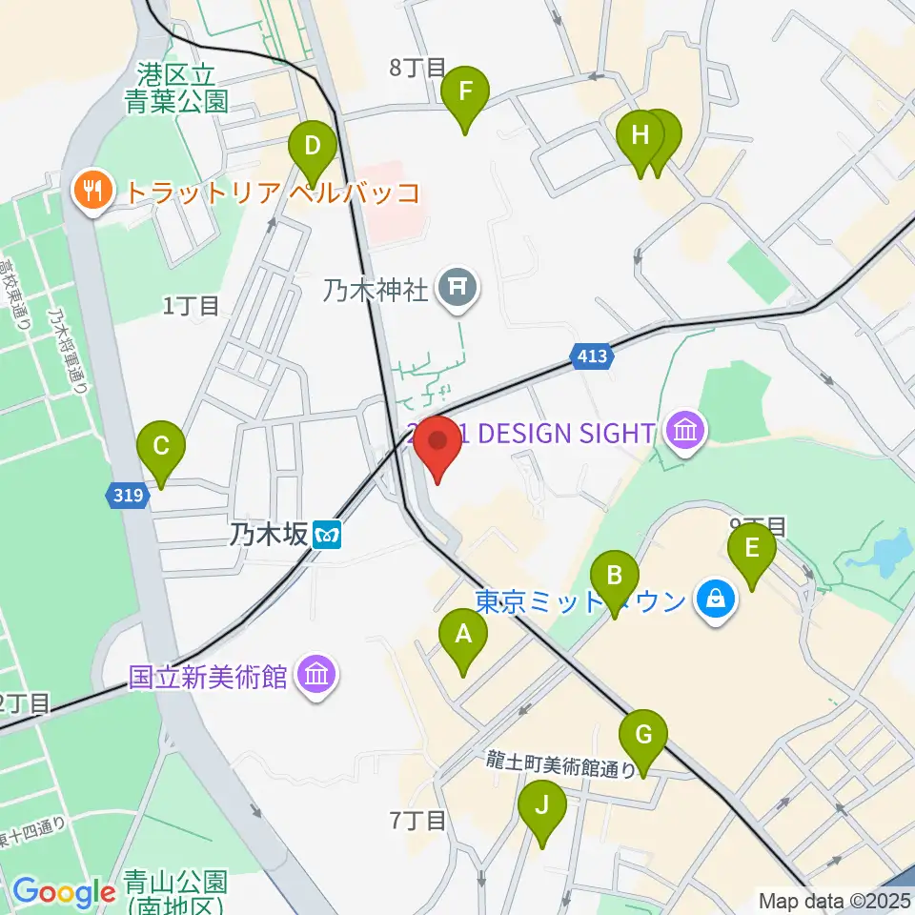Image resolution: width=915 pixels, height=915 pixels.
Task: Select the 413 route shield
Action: point(592,357)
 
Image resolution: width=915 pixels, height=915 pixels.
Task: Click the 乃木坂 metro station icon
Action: point(328,535)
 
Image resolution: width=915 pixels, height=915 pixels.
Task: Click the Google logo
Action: point(64,892)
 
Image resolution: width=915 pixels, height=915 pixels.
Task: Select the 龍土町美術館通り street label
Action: point(560,762)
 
